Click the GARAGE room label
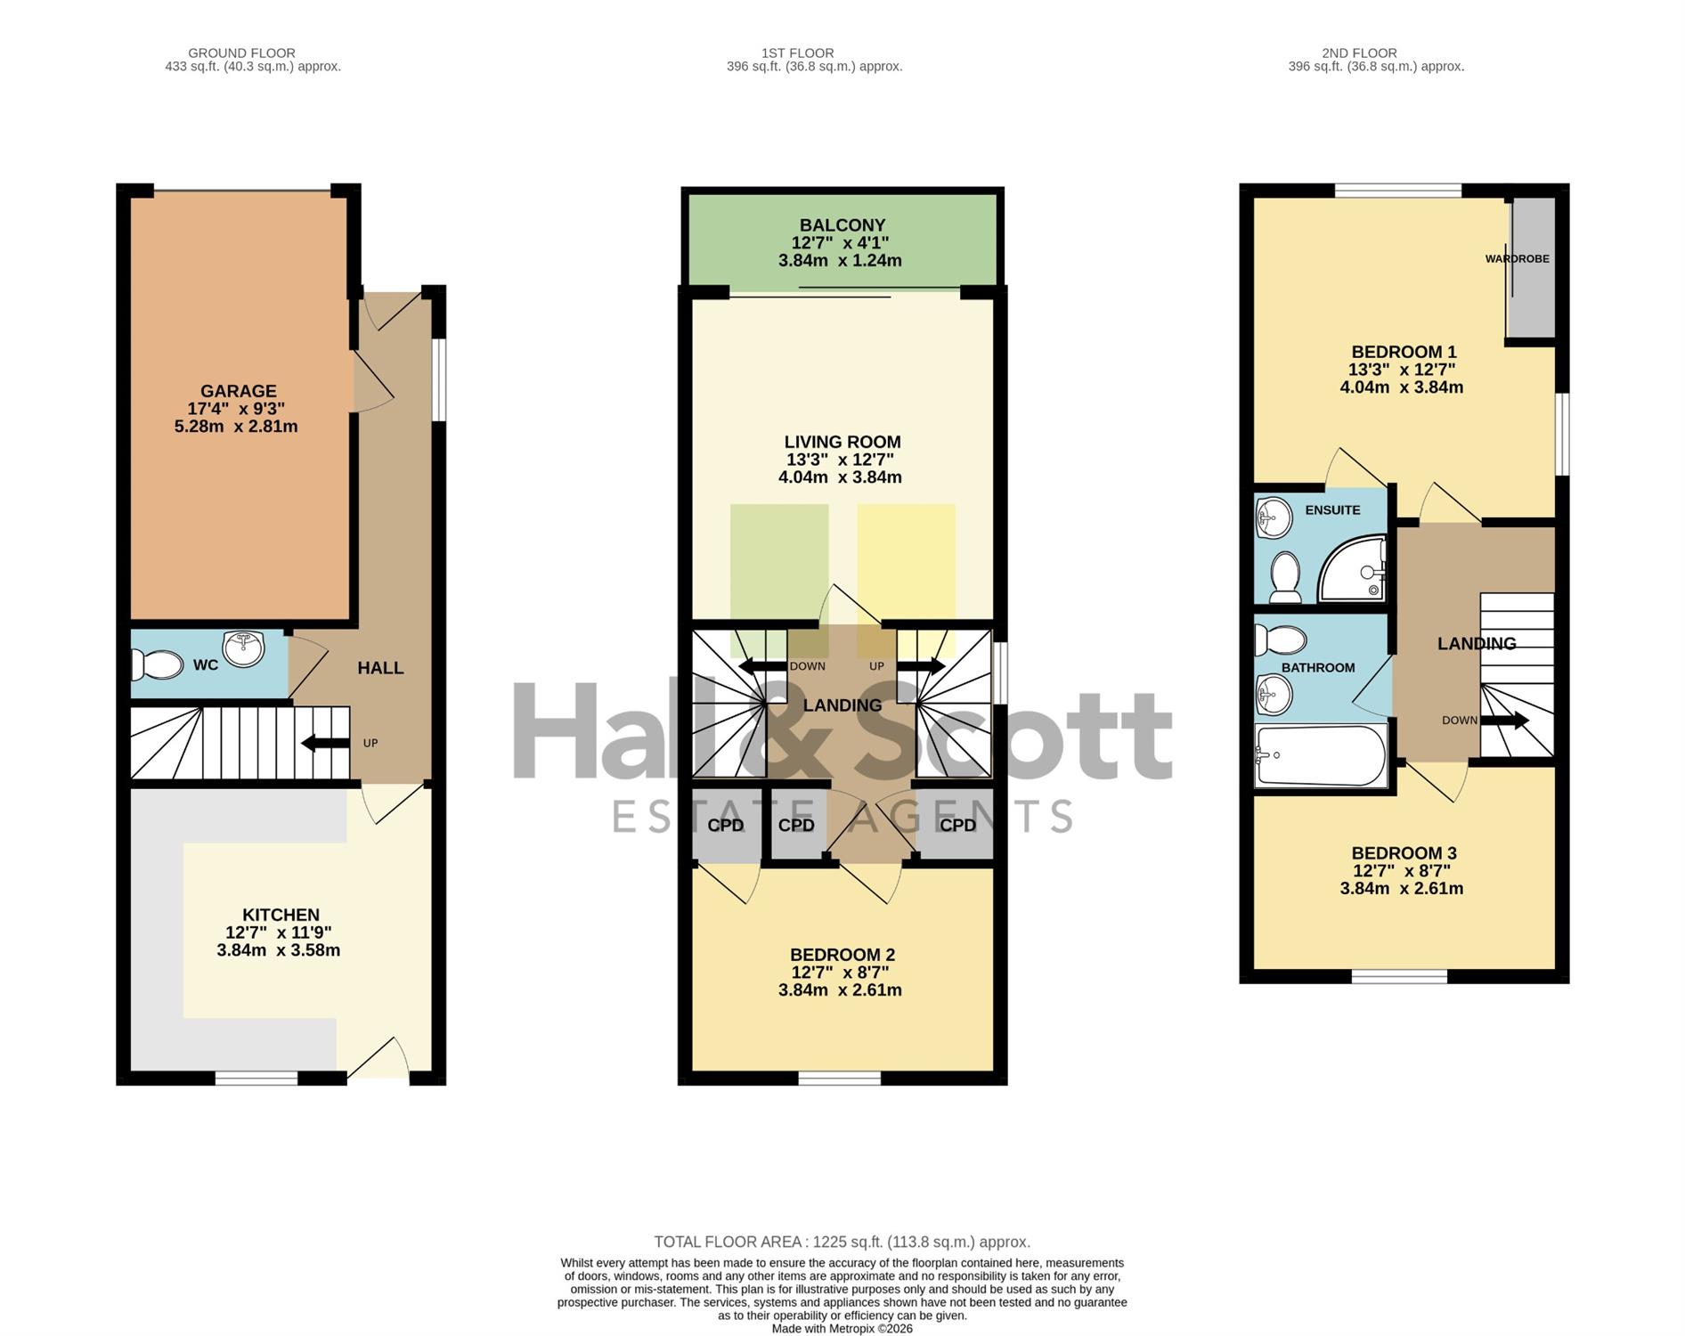pos(238,391)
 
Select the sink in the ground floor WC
pos(244,648)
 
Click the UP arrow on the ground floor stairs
pos(326,742)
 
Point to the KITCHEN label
pos(281,915)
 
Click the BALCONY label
pos(842,225)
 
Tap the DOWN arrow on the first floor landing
pos(762,666)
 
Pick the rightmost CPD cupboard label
pos(958,826)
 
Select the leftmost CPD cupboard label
pos(726,826)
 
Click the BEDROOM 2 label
pos(842,955)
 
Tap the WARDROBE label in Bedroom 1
pos(1517,259)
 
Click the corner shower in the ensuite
pos(1353,567)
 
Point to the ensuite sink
pos(1274,517)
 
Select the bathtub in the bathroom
pos(1321,755)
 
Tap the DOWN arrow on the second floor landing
pos(1505,720)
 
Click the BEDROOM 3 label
pos(1404,853)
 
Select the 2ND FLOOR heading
pos(1359,53)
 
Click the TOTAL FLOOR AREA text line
pos(842,1242)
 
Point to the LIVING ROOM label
pos(842,442)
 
